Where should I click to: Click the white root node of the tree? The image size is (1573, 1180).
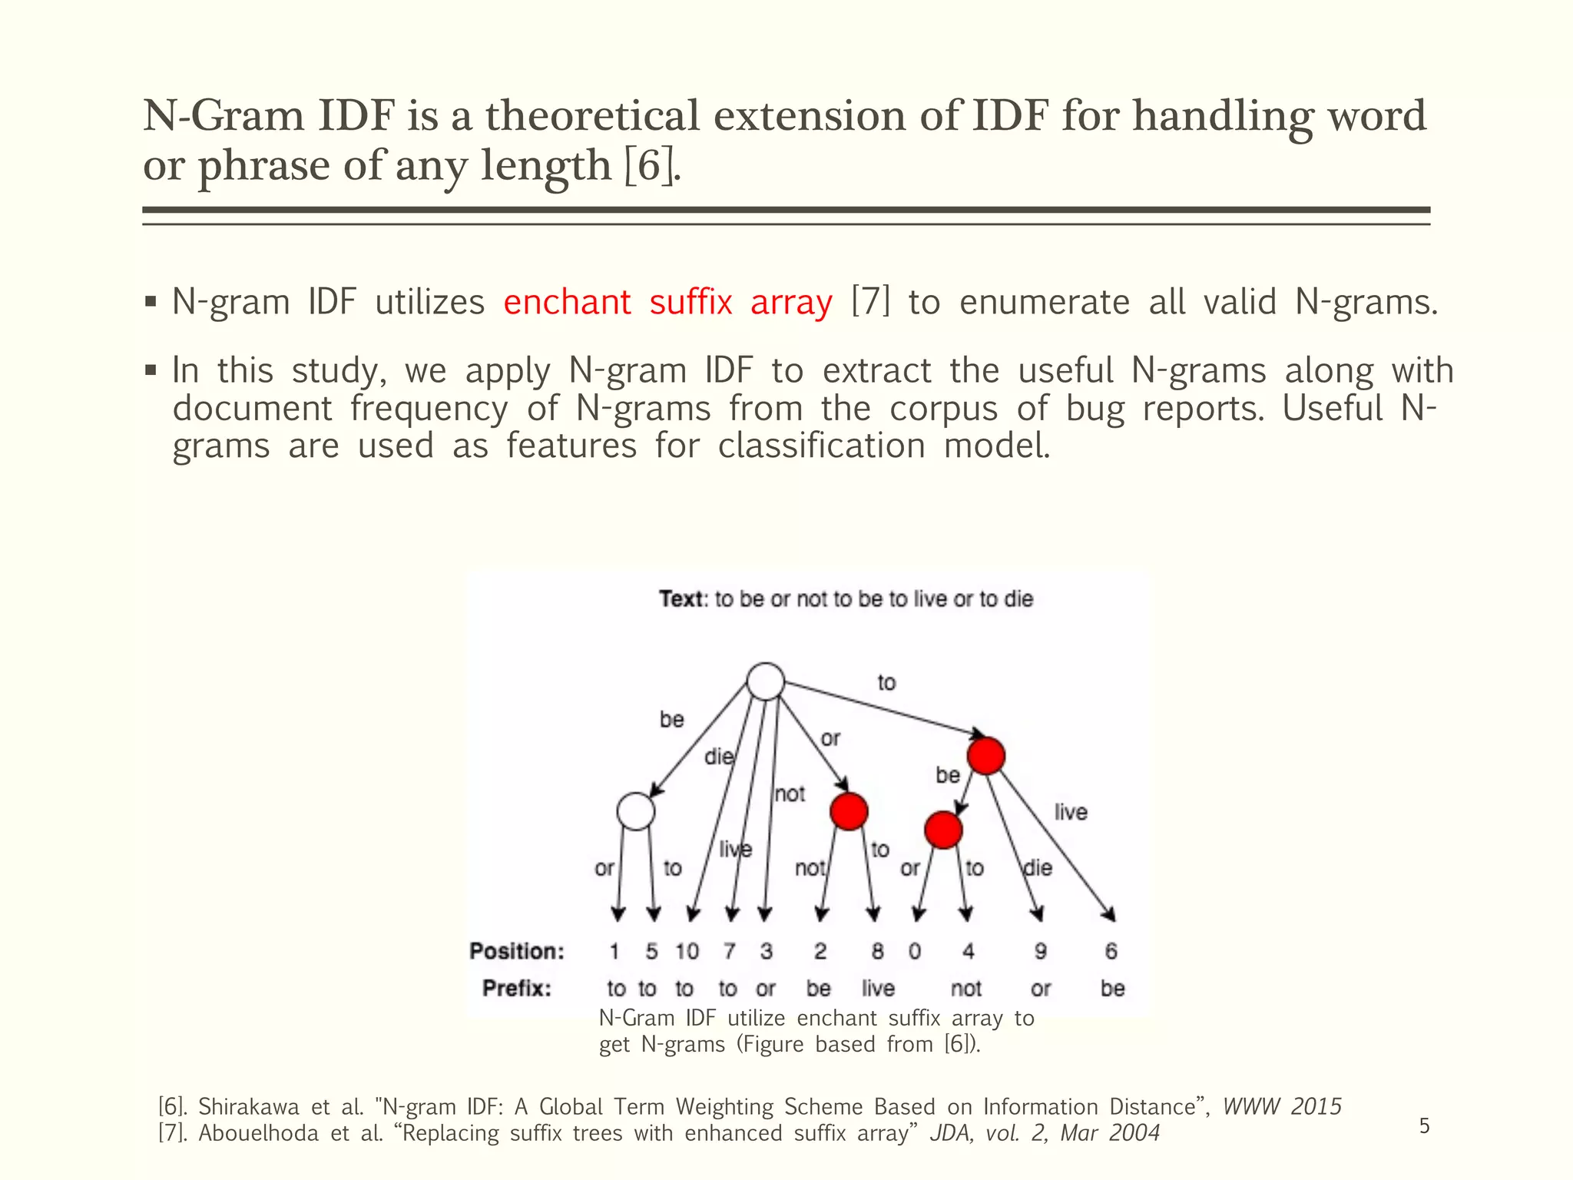(766, 681)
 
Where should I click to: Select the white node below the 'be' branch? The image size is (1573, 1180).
(636, 811)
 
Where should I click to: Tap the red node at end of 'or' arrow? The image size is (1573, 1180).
(849, 811)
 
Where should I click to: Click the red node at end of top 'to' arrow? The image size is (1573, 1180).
(986, 756)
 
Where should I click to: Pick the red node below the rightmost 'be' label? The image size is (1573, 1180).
(943, 830)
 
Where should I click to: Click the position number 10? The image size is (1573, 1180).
(687, 952)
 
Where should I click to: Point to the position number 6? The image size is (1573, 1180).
(1111, 952)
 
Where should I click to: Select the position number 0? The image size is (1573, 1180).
(914, 952)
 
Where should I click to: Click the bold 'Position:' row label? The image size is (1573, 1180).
(517, 952)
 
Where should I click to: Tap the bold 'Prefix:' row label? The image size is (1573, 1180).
(517, 988)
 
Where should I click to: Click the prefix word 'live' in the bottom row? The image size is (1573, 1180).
(878, 988)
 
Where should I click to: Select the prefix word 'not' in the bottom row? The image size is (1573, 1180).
(966, 988)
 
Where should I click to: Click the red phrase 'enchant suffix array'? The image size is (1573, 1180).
(667, 302)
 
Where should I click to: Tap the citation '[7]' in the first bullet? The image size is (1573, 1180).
(870, 302)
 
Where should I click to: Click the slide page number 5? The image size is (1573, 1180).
(1424, 1126)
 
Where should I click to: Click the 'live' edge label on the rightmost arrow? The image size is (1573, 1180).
(1071, 812)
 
